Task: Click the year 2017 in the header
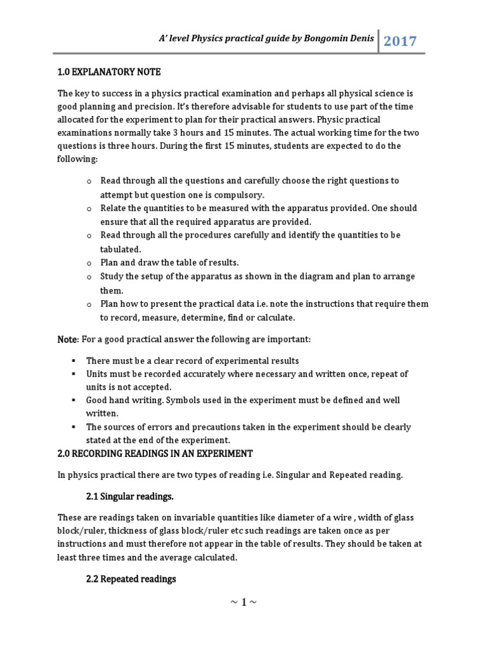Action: (x=400, y=42)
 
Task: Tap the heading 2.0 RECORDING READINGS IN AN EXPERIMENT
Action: (x=155, y=454)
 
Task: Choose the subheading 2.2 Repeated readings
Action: (x=131, y=579)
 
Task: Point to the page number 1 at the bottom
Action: (x=243, y=602)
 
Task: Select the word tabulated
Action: (x=120, y=249)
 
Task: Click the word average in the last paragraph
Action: (x=167, y=558)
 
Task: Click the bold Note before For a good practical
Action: (x=67, y=340)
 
